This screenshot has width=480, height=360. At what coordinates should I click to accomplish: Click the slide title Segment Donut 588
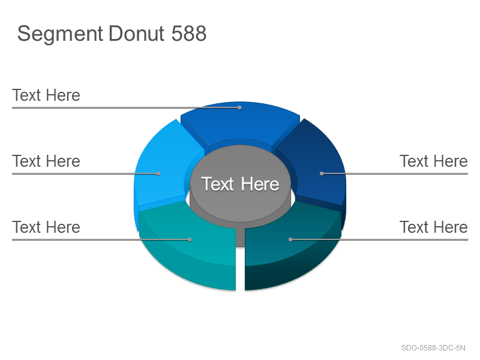112,34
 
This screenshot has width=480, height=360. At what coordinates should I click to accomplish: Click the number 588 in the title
189,33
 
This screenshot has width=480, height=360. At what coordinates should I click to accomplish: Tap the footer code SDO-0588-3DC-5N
433,348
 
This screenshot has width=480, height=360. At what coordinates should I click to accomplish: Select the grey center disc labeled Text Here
241,184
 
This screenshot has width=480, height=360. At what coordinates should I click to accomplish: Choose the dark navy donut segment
316,166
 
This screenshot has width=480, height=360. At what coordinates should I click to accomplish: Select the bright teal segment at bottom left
190,245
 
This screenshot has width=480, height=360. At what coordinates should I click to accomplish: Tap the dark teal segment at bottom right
291,245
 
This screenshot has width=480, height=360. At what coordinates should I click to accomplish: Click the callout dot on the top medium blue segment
239,107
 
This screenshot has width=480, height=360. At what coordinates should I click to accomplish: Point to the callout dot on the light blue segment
158,173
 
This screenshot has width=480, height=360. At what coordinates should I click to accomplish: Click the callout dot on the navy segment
322,173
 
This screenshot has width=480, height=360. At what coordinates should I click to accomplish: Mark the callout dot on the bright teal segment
190,239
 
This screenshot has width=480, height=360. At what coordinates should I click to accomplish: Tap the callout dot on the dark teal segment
290,239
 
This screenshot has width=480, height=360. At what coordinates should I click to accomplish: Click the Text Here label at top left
46,95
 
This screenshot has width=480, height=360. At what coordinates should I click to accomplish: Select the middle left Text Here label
46,161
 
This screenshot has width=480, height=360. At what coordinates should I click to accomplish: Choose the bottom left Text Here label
46,227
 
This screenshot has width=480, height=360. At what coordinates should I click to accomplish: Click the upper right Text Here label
434,161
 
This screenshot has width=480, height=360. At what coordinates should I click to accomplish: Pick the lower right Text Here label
434,227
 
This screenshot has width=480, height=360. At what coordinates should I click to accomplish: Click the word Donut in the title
137,33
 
